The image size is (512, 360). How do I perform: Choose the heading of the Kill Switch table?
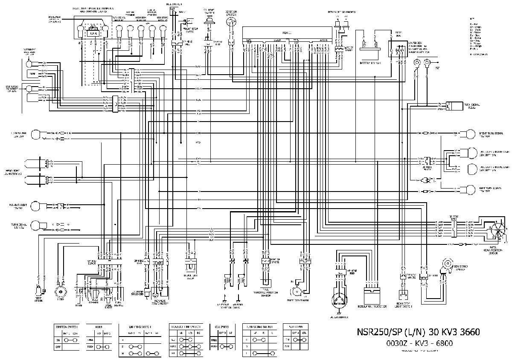[x=223, y=325]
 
